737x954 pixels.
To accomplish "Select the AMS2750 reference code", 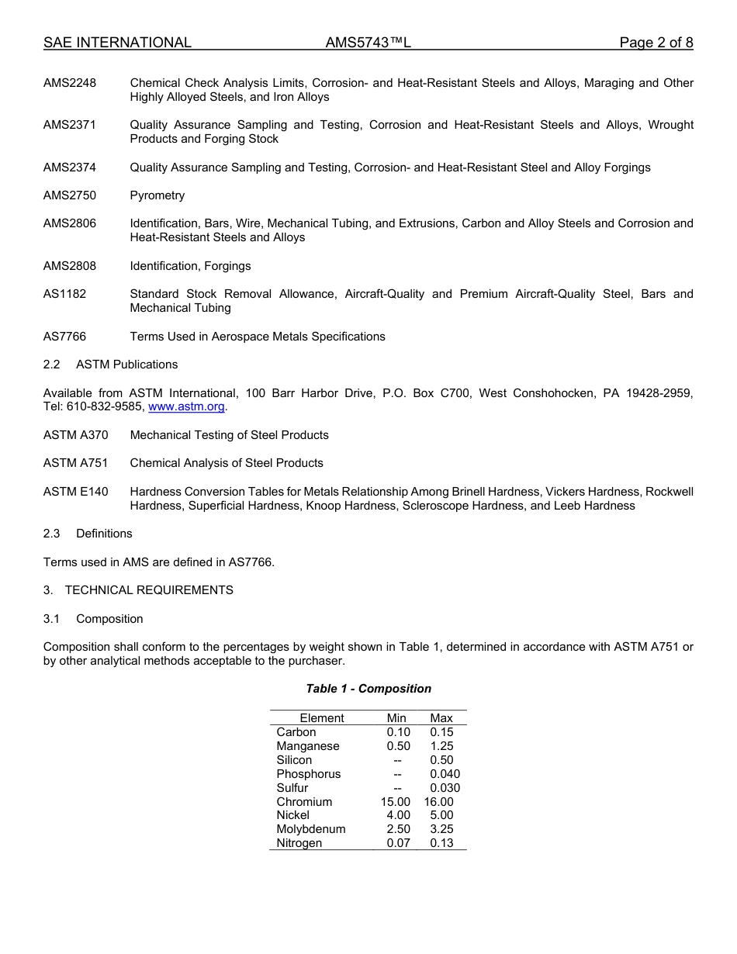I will tap(70, 195).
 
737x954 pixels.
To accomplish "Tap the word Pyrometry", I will tap(157, 195).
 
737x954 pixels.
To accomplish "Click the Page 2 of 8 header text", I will tap(656, 43).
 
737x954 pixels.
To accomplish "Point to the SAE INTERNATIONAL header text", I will tap(117, 43).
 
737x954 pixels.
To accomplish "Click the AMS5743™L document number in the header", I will tap(368, 43).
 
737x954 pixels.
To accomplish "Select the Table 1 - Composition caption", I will tap(368, 689).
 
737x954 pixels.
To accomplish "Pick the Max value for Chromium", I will tap(438, 802).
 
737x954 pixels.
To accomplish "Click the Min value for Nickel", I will tap(398, 815).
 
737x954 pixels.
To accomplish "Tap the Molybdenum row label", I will tap(310, 829).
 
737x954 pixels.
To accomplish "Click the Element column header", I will tap(321, 718).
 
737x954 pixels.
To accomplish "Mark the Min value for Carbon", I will tap(398, 732).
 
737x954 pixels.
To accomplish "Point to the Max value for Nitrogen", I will tap(441, 843).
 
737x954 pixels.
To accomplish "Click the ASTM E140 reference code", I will tap(75, 492).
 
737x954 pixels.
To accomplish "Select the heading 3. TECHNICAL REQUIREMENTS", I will tap(138, 590).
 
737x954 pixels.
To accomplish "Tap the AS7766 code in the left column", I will tap(64, 337).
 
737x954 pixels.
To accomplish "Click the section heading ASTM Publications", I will tap(126, 365).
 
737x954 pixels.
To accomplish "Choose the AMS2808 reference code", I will tap(70, 266).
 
